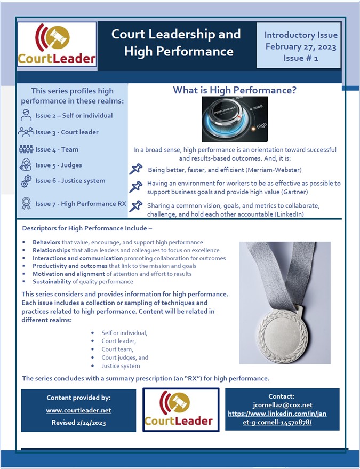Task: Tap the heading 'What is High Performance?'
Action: point(234,91)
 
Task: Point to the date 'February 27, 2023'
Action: point(301,46)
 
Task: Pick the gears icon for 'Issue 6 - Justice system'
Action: point(26,181)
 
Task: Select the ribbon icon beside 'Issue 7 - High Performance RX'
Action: point(26,203)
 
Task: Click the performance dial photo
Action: point(234,119)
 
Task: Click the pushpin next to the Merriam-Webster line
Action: point(137,170)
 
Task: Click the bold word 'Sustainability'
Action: point(54,281)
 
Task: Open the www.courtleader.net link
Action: point(78,410)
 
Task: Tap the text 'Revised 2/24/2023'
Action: point(78,423)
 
